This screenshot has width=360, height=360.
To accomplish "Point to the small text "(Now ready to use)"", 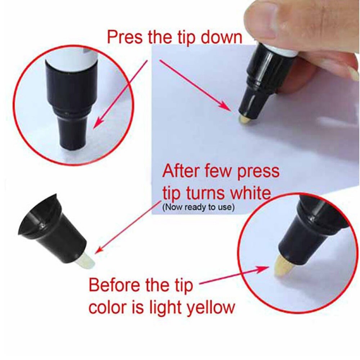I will pyautogui.click(x=198, y=207).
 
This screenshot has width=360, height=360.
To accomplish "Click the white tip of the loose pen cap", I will pyautogui.click(x=85, y=260).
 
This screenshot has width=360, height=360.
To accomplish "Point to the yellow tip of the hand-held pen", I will pyautogui.click(x=246, y=119).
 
